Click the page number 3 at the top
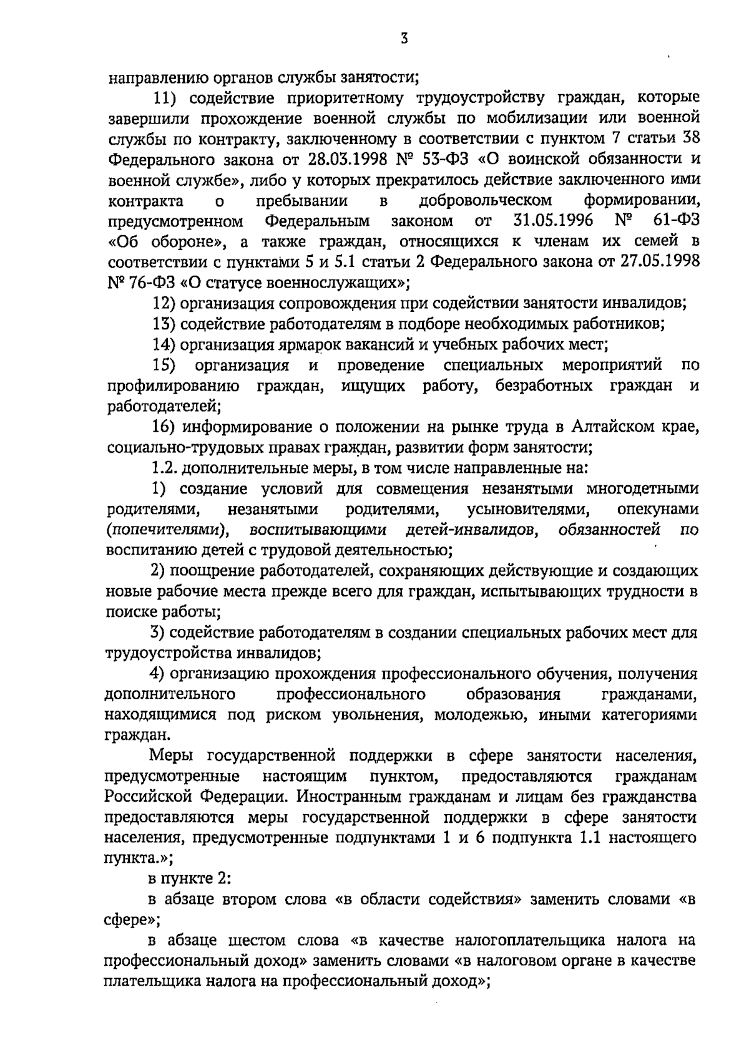pos(404,39)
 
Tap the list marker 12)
pos(165,304)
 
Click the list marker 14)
pos(165,344)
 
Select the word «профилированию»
pos(174,386)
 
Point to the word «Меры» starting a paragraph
pos(174,756)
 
